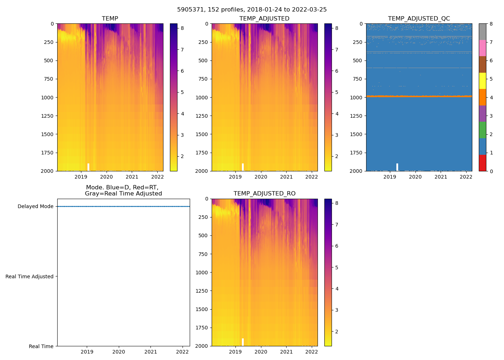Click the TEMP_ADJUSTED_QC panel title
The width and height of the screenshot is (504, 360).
[x=419, y=19]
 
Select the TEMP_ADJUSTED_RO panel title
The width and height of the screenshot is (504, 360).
[x=264, y=194]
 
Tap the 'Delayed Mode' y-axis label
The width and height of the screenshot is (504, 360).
[x=35, y=207]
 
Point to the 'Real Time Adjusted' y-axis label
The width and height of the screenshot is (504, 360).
[x=30, y=276]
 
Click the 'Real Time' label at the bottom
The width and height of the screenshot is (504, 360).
[x=41, y=346]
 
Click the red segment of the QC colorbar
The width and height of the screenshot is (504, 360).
[x=482, y=163]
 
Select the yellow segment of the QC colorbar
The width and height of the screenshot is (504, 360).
[x=482, y=81]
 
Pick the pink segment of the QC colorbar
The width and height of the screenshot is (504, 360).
[x=482, y=48]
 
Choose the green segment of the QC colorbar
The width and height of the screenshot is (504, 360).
[x=482, y=130]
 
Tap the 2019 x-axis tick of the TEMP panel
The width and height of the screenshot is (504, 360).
[x=81, y=177]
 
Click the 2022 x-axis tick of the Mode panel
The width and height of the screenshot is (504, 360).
[x=183, y=352]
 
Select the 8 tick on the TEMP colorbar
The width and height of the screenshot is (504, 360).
[x=182, y=28]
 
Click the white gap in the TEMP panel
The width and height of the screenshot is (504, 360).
[x=88, y=167]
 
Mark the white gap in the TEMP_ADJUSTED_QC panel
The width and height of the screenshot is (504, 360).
[x=397, y=167]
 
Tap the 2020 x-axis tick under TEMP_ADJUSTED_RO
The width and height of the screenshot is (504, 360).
[x=261, y=352]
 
